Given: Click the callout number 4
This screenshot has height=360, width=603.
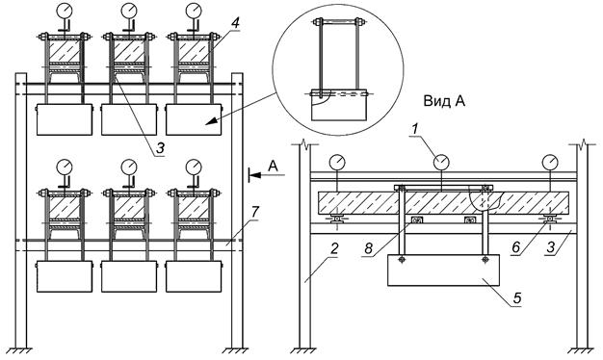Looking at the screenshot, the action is (235, 23).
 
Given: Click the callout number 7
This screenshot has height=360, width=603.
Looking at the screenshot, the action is (255, 212).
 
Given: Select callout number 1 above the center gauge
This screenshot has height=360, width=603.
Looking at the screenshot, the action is (414, 130).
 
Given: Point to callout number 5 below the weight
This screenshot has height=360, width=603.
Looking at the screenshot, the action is (517, 297).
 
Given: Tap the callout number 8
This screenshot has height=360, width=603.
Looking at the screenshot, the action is (368, 248).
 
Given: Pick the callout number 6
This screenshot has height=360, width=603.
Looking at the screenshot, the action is (515, 247).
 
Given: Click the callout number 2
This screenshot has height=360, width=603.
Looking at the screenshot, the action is (334, 248).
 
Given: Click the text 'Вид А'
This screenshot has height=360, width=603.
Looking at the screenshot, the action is (444, 101).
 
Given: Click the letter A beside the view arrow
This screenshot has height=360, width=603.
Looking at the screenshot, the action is (273, 166).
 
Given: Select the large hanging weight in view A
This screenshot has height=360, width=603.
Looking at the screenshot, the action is (443, 270).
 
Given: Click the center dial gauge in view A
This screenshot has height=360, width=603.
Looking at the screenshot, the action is (441, 162).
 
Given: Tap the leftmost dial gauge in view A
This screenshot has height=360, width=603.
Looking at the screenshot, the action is (337, 162).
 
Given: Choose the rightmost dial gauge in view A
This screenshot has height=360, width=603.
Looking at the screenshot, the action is (551, 162).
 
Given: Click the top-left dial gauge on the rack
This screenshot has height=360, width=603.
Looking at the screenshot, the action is (65, 11).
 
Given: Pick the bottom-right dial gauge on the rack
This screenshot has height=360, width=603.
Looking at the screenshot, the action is (194, 167).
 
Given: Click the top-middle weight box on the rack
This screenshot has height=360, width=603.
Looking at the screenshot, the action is (129, 119).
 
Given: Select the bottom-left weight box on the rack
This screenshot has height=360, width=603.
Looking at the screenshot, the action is (65, 276).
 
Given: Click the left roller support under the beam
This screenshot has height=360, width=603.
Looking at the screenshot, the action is (337, 219).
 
